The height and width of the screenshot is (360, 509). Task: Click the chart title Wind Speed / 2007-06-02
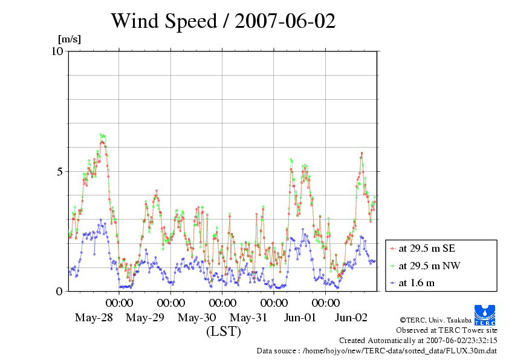[223, 22]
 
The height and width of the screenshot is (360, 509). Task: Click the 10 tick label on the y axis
[57, 51]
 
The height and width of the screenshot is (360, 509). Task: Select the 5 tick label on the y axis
[59, 171]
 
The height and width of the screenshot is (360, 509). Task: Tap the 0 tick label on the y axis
[59, 291]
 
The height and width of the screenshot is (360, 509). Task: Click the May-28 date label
[94, 318]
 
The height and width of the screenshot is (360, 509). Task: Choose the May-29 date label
[145, 318]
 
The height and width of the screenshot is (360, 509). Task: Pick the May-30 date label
[197, 318]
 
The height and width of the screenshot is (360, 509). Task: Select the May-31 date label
[248, 318]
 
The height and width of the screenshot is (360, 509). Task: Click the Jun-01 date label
[300, 318]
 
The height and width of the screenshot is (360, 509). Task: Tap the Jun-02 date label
[351, 318]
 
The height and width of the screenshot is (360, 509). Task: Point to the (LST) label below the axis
[223, 332]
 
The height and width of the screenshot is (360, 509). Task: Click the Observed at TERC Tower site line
[447, 330]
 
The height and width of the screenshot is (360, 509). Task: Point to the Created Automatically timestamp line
[418, 340]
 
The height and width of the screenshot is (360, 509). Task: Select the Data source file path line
[377, 350]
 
